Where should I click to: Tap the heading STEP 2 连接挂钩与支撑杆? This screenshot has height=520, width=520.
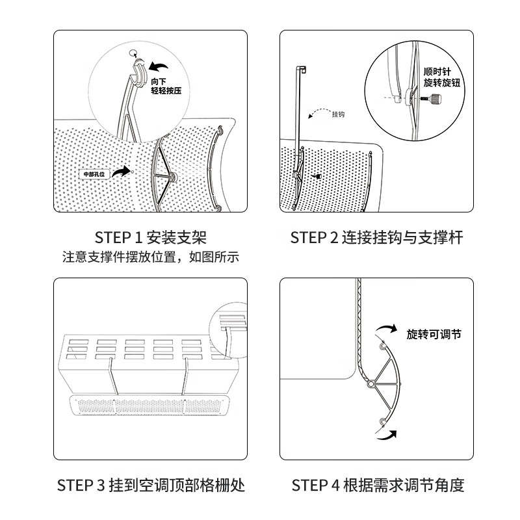376,237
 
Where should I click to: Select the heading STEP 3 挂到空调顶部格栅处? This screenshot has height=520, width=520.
150,485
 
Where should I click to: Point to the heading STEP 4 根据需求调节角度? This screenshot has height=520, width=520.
378,485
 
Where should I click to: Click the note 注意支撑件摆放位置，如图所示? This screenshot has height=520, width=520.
150,256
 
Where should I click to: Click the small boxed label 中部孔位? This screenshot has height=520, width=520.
94,174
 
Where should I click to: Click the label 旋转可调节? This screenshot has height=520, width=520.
434,334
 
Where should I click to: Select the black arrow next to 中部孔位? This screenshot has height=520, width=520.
121,170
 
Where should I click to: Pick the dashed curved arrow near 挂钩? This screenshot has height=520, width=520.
318,115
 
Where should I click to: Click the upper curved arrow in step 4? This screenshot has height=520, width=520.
387,328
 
